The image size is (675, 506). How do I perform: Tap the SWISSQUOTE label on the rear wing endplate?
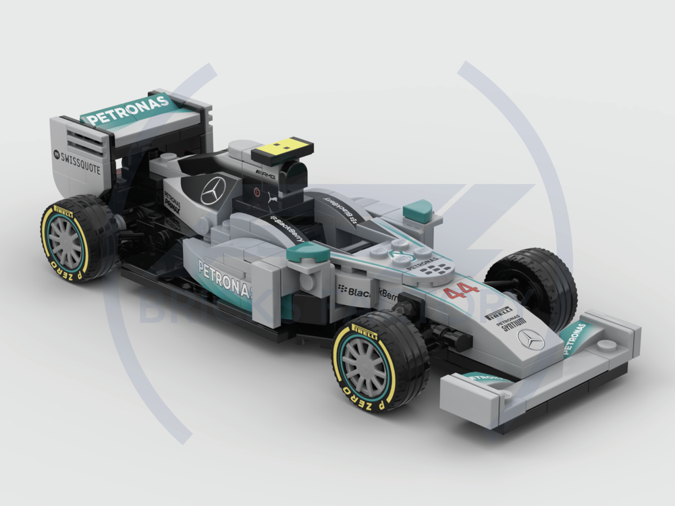pos(79,163)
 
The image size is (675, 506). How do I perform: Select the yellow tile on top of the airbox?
pos(283,148)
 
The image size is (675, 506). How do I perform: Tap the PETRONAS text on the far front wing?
pos(573,337)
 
